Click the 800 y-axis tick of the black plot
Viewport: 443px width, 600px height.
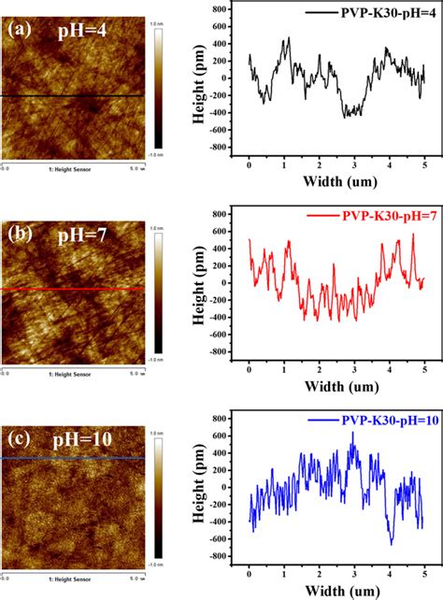point(221,9)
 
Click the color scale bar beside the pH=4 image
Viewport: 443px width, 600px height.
point(158,88)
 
